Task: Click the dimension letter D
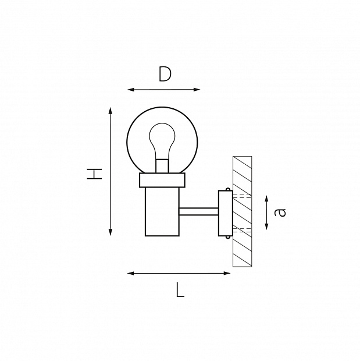pos(165,74)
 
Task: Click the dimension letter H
pos(94,174)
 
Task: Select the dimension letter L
pos(180,289)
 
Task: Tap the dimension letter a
pos(280,212)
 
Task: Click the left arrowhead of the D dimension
pos(131,90)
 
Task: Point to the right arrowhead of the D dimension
pos(197,90)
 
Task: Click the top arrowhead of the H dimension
pos(111,111)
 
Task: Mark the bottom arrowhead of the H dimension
pos(111,232)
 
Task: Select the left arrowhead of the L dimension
pos(131,273)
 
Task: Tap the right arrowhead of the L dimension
pos(227,273)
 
